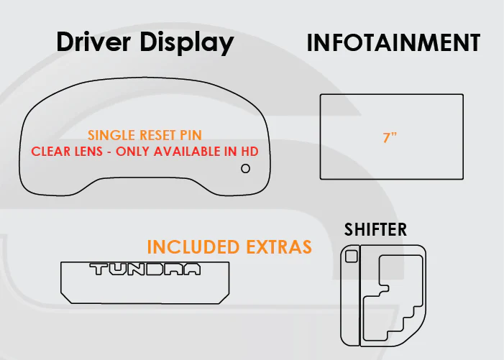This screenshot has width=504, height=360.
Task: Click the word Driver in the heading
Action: click(93, 42)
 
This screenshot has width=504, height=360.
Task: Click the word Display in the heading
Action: click(187, 43)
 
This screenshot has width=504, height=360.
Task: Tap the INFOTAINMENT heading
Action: click(393, 42)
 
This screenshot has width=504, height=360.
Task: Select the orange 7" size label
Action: click(390, 137)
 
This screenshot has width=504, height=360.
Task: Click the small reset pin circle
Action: click(246, 168)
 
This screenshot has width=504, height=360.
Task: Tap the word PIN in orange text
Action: click(191, 135)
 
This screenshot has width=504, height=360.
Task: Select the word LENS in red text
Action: click(88, 152)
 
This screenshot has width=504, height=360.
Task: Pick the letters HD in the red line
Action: click(249, 152)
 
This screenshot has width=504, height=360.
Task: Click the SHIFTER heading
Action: click(375, 229)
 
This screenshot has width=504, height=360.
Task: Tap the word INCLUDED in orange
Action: click(193, 246)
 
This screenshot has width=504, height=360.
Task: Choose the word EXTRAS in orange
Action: click(279, 246)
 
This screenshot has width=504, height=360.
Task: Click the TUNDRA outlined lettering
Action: click(145, 269)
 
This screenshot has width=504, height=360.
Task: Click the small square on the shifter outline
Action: click(352, 257)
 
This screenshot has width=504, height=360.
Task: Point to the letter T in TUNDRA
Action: click(98, 269)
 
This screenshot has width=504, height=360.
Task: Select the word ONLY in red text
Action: click(133, 152)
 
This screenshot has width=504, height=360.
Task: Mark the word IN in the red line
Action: click(231, 152)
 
